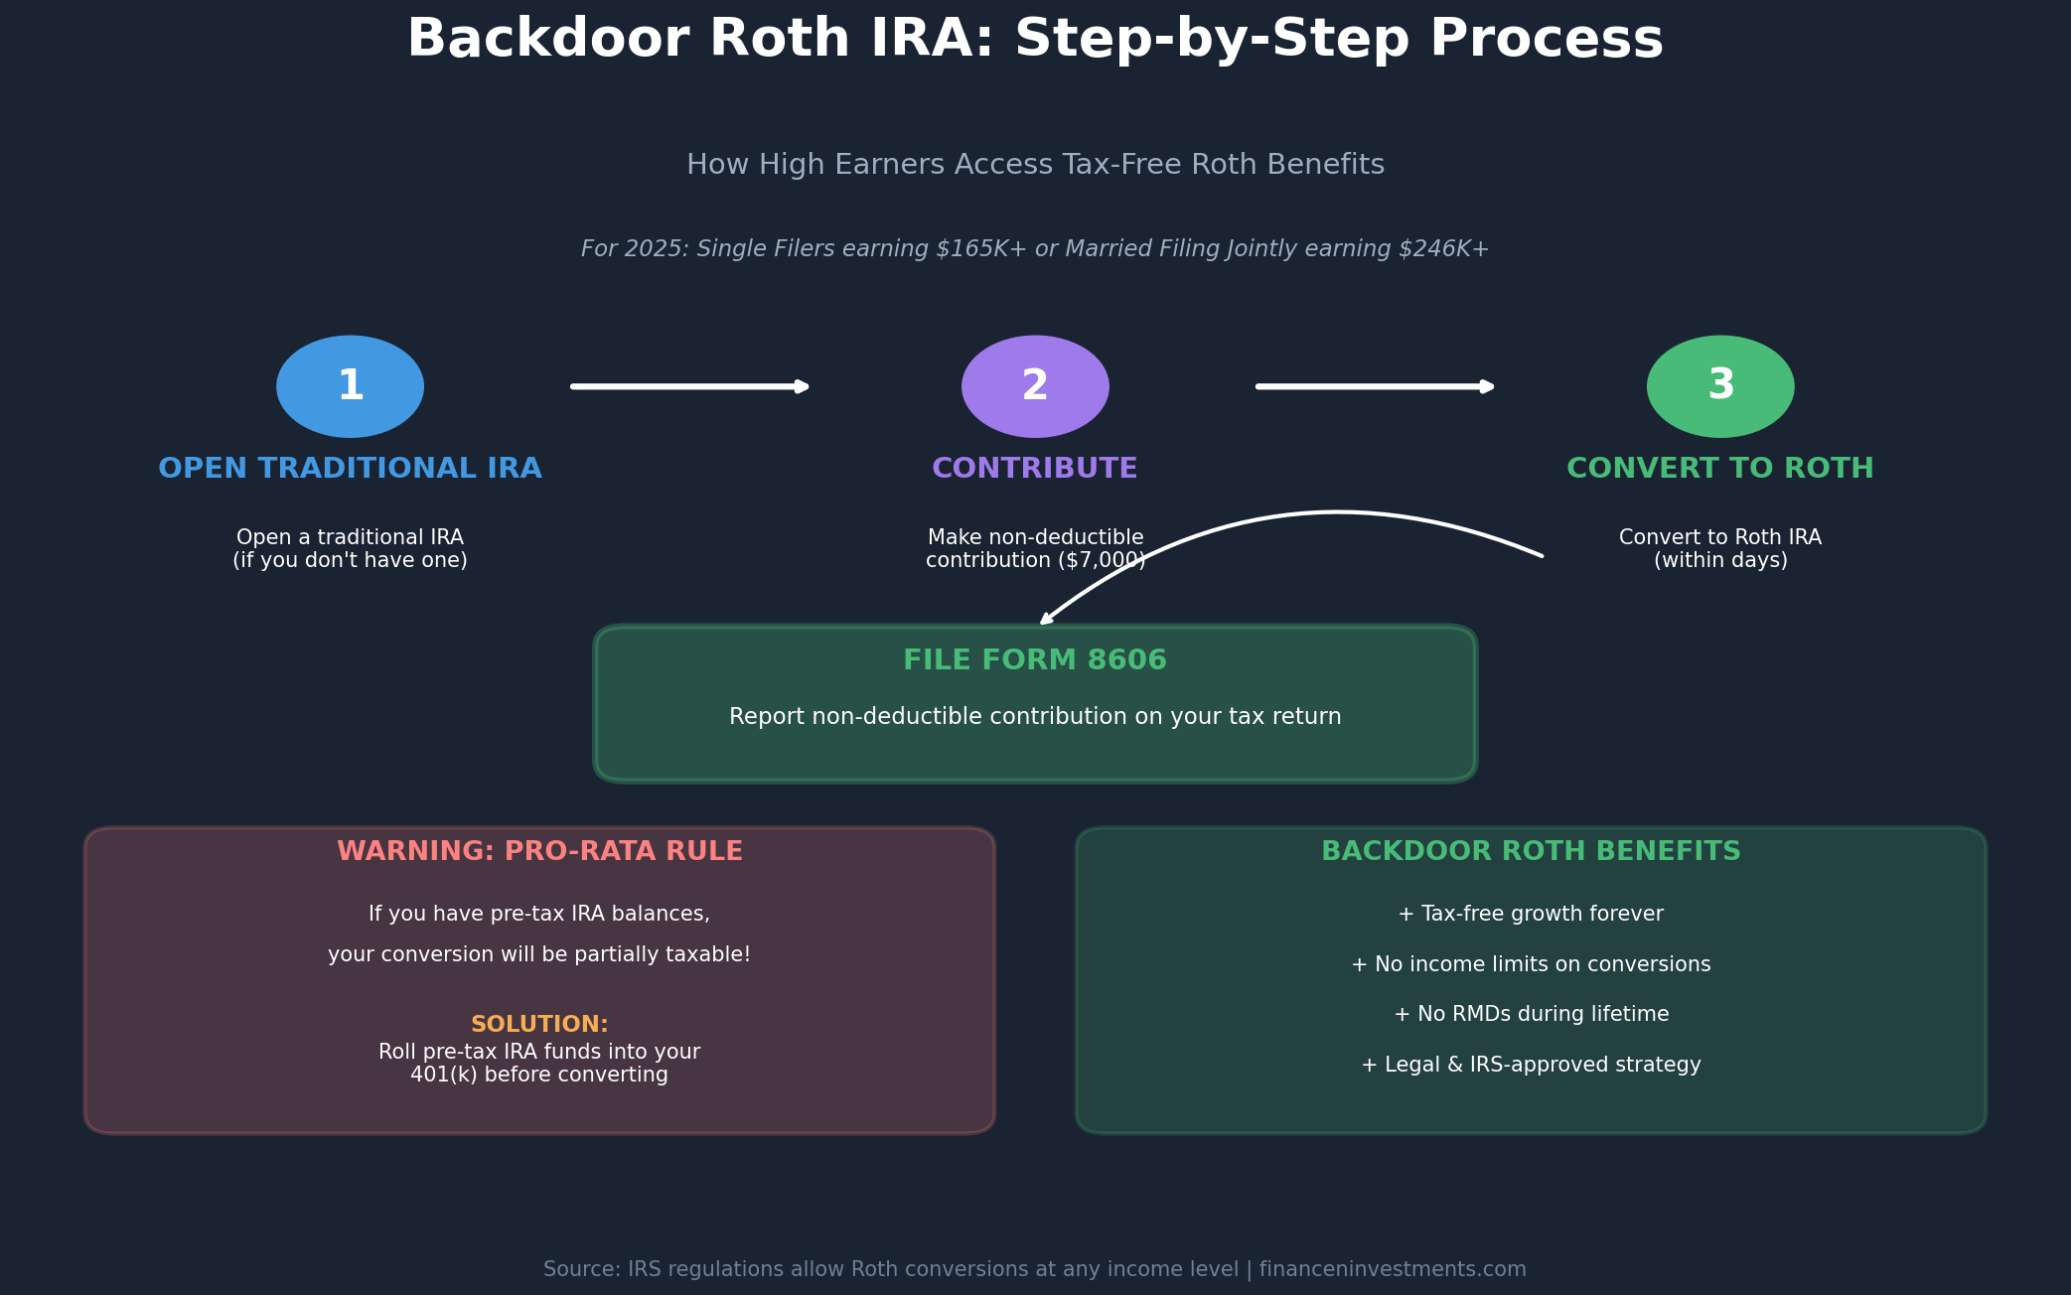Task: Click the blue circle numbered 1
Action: click(350, 386)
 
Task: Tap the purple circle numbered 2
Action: click(1035, 386)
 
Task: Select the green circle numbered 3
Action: click(1720, 386)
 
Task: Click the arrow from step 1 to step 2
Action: click(690, 386)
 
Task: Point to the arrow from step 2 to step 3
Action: click(1376, 386)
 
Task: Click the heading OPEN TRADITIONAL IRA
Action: click(350, 469)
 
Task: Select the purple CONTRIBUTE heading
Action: click(1035, 469)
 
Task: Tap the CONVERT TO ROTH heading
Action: click(1720, 469)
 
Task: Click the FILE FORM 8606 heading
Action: click(1035, 660)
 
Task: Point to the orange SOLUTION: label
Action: click(539, 1025)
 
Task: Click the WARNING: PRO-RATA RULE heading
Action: click(539, 852)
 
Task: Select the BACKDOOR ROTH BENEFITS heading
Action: click(1531, 852)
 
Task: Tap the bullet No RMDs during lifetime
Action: click(1531, 1014)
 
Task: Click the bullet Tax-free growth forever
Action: click(1531, 914)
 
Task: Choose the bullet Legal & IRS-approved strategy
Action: click(1531, 1065)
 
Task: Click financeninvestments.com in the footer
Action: click(1393, 1269)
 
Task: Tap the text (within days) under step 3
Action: click(1720, 561)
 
